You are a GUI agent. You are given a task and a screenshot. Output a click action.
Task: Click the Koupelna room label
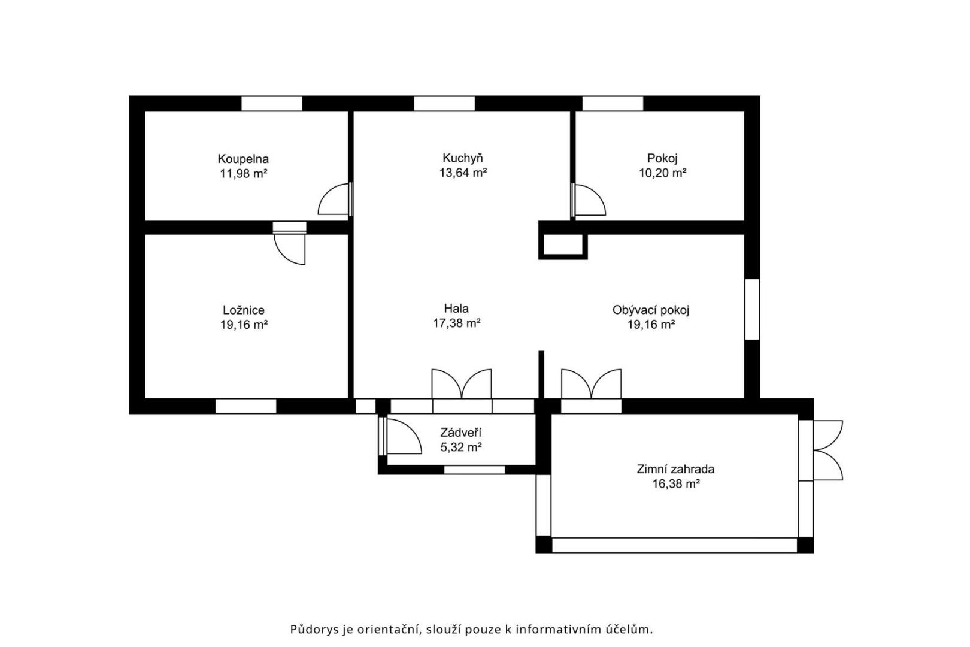point(243,159)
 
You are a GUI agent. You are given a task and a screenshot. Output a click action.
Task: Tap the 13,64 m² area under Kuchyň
point(463,173)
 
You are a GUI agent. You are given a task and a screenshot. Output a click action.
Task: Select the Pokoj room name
point(662,158)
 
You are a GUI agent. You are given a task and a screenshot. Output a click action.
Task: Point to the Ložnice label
point(243,310)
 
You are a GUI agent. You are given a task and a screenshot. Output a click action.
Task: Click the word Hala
point(456,309)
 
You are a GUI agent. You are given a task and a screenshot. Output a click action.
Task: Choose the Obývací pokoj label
point(651,310)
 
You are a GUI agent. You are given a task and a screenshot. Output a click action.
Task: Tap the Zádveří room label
point(461,432)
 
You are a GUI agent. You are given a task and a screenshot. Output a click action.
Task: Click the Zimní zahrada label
point(675,469)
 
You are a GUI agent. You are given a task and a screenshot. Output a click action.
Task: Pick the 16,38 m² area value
point(676,483)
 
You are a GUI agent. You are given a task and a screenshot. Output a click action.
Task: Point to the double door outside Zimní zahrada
point(828,451)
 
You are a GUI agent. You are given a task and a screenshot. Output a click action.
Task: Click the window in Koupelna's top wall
point(271,104)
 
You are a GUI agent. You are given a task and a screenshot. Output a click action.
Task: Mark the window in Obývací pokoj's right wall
point(752,309)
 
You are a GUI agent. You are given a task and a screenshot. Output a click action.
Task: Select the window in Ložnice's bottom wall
point(245,406)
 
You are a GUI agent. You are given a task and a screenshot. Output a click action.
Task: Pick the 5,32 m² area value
point(461,448)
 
